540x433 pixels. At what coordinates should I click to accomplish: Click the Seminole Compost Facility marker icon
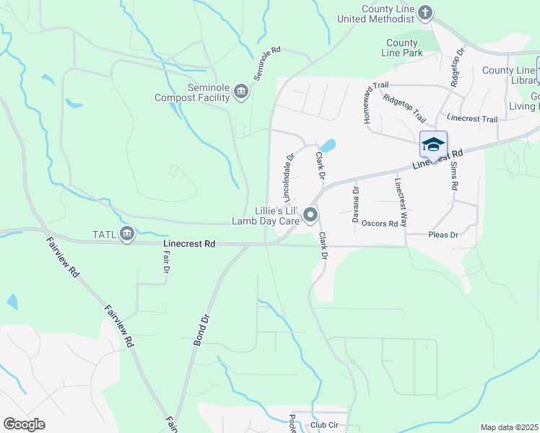[241, 92]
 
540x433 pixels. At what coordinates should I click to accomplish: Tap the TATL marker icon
[127, 233]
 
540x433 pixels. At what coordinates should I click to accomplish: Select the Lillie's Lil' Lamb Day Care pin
[310, 214]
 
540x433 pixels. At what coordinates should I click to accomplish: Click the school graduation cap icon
[433, 144]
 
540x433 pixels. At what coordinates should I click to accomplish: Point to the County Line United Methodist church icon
[425, 12]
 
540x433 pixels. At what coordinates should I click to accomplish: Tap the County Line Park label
[402, 48]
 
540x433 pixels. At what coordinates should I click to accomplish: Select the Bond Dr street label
[201, 328]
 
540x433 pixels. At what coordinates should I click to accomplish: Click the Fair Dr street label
[165, 262]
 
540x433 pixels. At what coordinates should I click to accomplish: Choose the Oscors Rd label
[380, 224]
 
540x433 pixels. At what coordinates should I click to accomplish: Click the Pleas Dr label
[444, 235]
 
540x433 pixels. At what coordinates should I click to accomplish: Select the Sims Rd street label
[454, 175]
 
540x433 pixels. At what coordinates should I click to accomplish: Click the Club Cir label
[324, 425]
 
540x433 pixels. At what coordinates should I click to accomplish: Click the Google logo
[24, 424]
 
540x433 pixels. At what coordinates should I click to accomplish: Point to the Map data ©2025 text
[509, 427]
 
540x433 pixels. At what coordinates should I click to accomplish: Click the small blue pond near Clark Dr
[328, 146]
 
